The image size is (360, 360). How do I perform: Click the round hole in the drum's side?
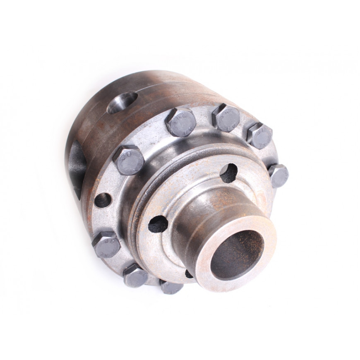click(122, 102)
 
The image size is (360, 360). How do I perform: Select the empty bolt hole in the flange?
click(103, 200)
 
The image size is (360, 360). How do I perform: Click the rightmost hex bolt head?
click(278, 175)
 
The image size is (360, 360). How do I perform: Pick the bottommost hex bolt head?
click(171, 287)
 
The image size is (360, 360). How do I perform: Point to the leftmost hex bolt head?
click(106, 245)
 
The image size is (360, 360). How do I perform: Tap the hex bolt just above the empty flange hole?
click(128, 160)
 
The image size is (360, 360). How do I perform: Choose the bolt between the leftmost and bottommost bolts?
click(135, 276)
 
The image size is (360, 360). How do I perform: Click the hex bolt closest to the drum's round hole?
click(180, 122)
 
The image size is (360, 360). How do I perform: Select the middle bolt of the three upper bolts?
click(226, 118)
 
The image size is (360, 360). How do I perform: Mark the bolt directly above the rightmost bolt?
click(260, 135)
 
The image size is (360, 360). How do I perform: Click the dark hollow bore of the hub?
click(236, 254)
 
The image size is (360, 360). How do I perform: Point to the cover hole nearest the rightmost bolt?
click(229, 172)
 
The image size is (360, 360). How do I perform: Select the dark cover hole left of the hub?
click(158, 224)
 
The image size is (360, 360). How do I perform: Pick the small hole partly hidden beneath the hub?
click(189, 274)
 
